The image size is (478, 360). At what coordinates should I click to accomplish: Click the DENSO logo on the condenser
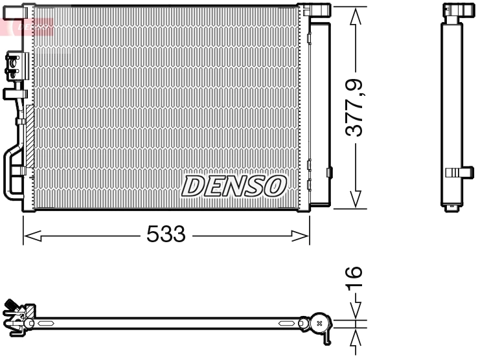click(234, 186)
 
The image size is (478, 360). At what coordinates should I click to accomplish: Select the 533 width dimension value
click(166, 234)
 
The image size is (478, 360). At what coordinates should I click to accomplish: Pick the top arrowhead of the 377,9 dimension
click(354, 17)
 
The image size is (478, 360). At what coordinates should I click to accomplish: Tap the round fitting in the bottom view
click(319, 322)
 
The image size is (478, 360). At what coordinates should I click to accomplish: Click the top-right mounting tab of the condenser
click(316, 9)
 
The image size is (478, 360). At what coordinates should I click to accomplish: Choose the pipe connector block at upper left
click(13, 65)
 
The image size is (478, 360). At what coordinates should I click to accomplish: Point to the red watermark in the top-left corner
click(26, 26)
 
